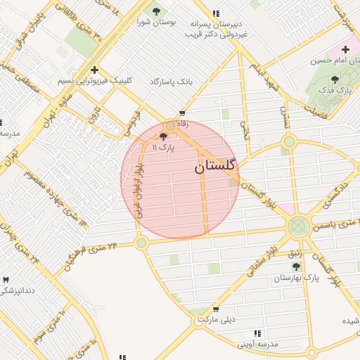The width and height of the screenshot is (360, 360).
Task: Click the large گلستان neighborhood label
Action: coord(216,167)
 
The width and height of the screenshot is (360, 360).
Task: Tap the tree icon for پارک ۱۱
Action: coord(165,137)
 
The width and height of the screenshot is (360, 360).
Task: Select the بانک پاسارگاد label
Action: coord(171,82)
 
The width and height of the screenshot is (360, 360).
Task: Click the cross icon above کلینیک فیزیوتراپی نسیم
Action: coord(94,70)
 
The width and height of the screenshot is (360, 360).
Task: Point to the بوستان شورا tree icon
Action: coord(155,11)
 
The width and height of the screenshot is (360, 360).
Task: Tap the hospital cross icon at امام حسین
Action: coord(345,49)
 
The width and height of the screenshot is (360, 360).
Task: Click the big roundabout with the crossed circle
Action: coord(298,226)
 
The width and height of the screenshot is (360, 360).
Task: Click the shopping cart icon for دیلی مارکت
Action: coord(216,309)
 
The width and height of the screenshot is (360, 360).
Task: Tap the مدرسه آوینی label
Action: coord(257,345)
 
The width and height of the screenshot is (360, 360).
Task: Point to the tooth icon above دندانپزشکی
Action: coord(6,280)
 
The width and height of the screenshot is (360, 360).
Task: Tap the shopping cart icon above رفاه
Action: coord(183,113)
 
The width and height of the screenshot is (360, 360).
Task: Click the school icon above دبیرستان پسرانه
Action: coord(216,13)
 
